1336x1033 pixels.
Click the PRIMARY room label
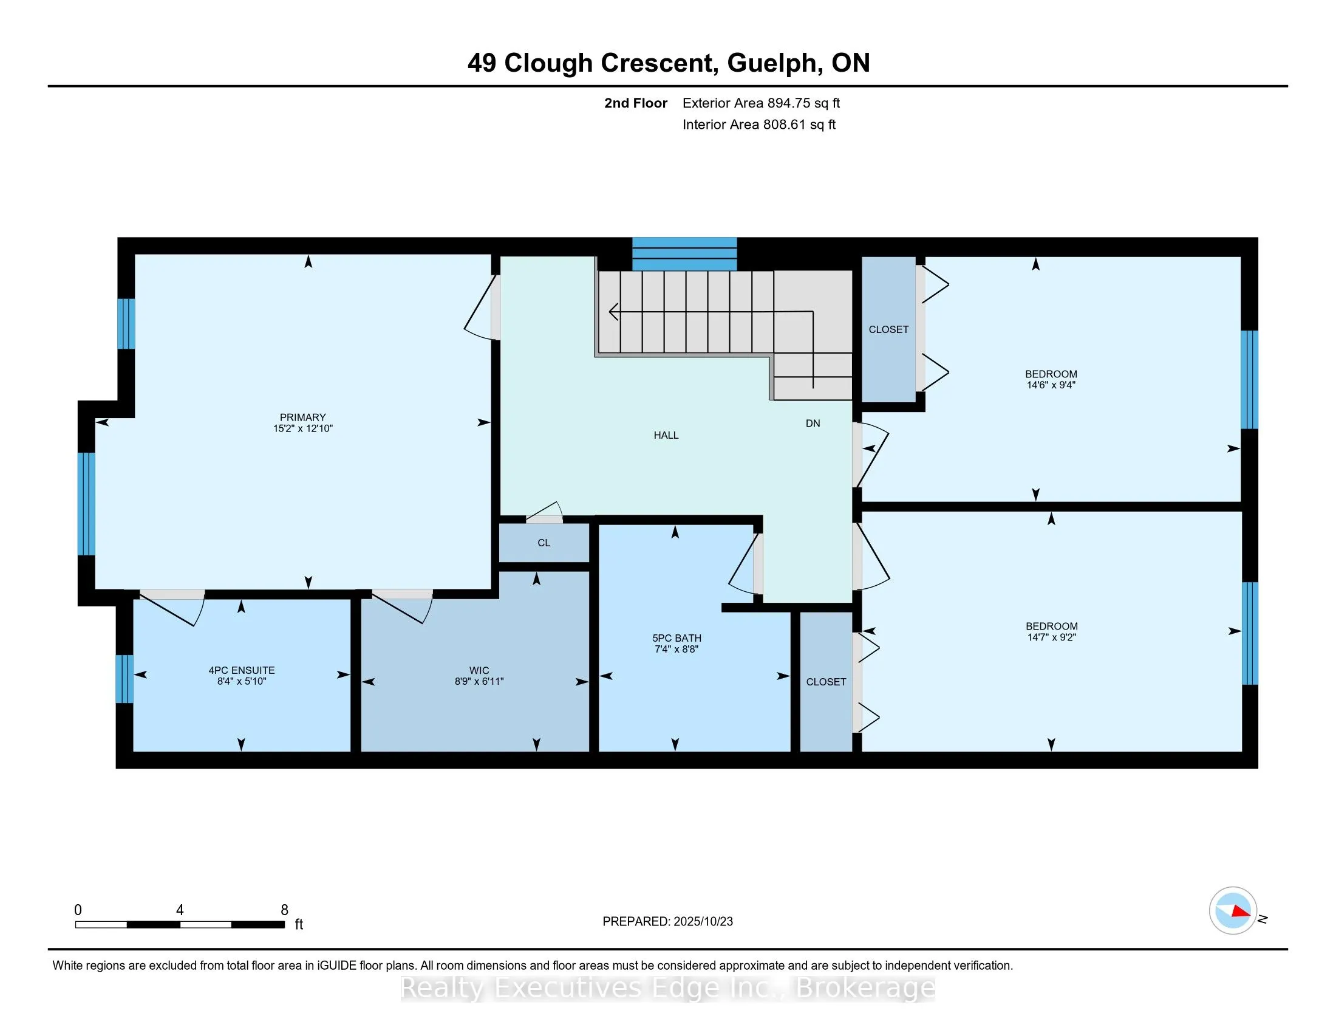(x=303, y=417)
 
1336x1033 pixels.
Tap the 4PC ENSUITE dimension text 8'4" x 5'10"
(x=242, y=681)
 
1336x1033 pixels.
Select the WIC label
(x=479, y=670)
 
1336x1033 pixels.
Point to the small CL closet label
(x=544, y=543)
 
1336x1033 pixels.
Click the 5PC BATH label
(x=677, y=637)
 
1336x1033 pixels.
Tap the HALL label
(x=666, y=435)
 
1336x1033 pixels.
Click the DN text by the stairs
(x=813, y=424)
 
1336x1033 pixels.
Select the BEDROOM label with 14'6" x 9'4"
(x=1051, y=374)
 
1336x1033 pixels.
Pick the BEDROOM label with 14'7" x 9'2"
(x=1052, y=626)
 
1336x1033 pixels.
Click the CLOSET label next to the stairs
(x=888, y=329)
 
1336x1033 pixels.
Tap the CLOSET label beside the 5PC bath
(x=826, y=682)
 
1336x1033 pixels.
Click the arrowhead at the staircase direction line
(x=613, y=312)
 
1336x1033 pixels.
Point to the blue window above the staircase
(x=684, y=254)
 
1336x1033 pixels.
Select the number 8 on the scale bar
(x=284, y=910)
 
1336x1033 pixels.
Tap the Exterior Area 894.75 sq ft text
(x=761, y=103)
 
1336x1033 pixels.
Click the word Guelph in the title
(x=772, y=63)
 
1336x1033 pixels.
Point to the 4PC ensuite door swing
(x=174, y=608)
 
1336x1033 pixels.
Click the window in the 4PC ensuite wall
(x=124, y=679)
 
